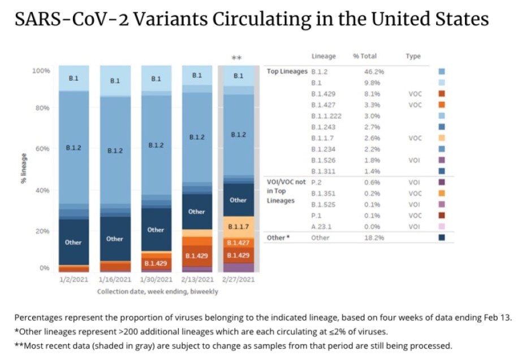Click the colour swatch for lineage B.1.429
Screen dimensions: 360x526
(442, 94)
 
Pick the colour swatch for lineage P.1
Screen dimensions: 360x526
(442, 215)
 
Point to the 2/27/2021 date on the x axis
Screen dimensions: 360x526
(238, 279)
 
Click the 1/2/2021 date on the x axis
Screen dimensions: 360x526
(74, 279)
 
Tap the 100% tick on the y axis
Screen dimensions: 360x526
(41, 71)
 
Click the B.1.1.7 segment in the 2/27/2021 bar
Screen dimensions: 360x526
(238, 226)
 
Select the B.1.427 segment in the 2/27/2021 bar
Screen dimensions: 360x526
(238, 242)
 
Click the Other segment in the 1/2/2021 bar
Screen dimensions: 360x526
(74, 242)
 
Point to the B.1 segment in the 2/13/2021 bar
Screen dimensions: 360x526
(197, 75)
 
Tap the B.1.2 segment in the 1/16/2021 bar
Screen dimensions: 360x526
(115, 151)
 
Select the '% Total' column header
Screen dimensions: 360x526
(365, 57)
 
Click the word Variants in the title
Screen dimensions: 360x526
(132, 20)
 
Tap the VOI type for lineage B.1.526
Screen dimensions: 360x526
(415, 160)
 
